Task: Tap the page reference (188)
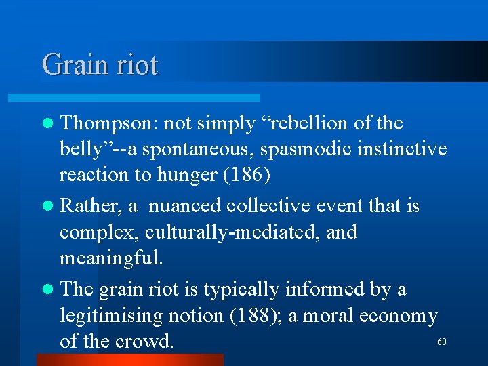[260, 316]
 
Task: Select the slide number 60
[442, 342]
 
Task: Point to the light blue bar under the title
[149, 98]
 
